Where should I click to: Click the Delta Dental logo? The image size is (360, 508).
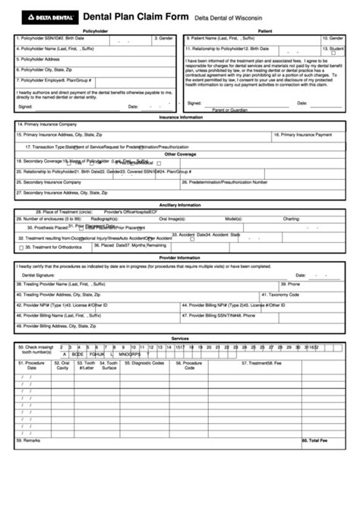pos(45,14)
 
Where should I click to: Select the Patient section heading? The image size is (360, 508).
pos(265,31)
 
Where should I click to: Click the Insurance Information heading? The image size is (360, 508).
pos(180,118)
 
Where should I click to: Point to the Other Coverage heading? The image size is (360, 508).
pos(180,153)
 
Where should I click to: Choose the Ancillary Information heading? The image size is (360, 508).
pos(180,205)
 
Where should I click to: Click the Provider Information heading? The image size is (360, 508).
pos(180,257)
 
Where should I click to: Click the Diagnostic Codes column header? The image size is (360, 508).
pos(147,364)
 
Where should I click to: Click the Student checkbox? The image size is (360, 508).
pos(333,52)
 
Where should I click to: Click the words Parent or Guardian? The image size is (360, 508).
pos(229,110)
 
